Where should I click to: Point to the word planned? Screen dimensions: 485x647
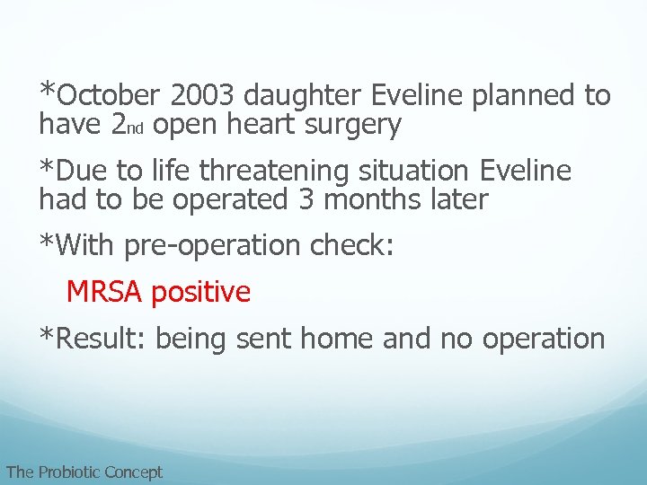point(523,95)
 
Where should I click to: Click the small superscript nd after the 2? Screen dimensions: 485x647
point(137,128)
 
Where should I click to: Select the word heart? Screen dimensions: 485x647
point(259,126)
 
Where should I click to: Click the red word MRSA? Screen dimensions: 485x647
point(105,292)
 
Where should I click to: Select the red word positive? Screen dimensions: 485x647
point(201,292)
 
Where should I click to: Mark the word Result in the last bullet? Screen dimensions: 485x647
point(102,339)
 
